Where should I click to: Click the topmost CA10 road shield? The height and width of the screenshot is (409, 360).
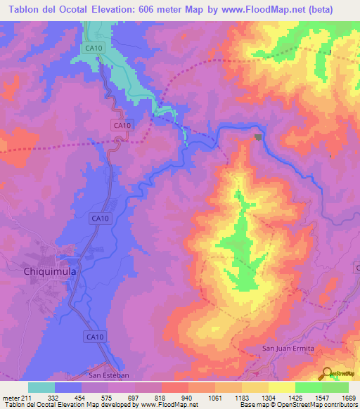click(92, 48)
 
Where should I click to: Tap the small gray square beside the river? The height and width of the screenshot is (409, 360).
click(258, 137)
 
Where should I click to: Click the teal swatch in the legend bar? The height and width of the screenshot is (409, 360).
click(41, 387)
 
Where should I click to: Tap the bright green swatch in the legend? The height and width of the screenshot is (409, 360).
click(308, 387)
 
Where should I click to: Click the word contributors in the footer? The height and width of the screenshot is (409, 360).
click(339, 405)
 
